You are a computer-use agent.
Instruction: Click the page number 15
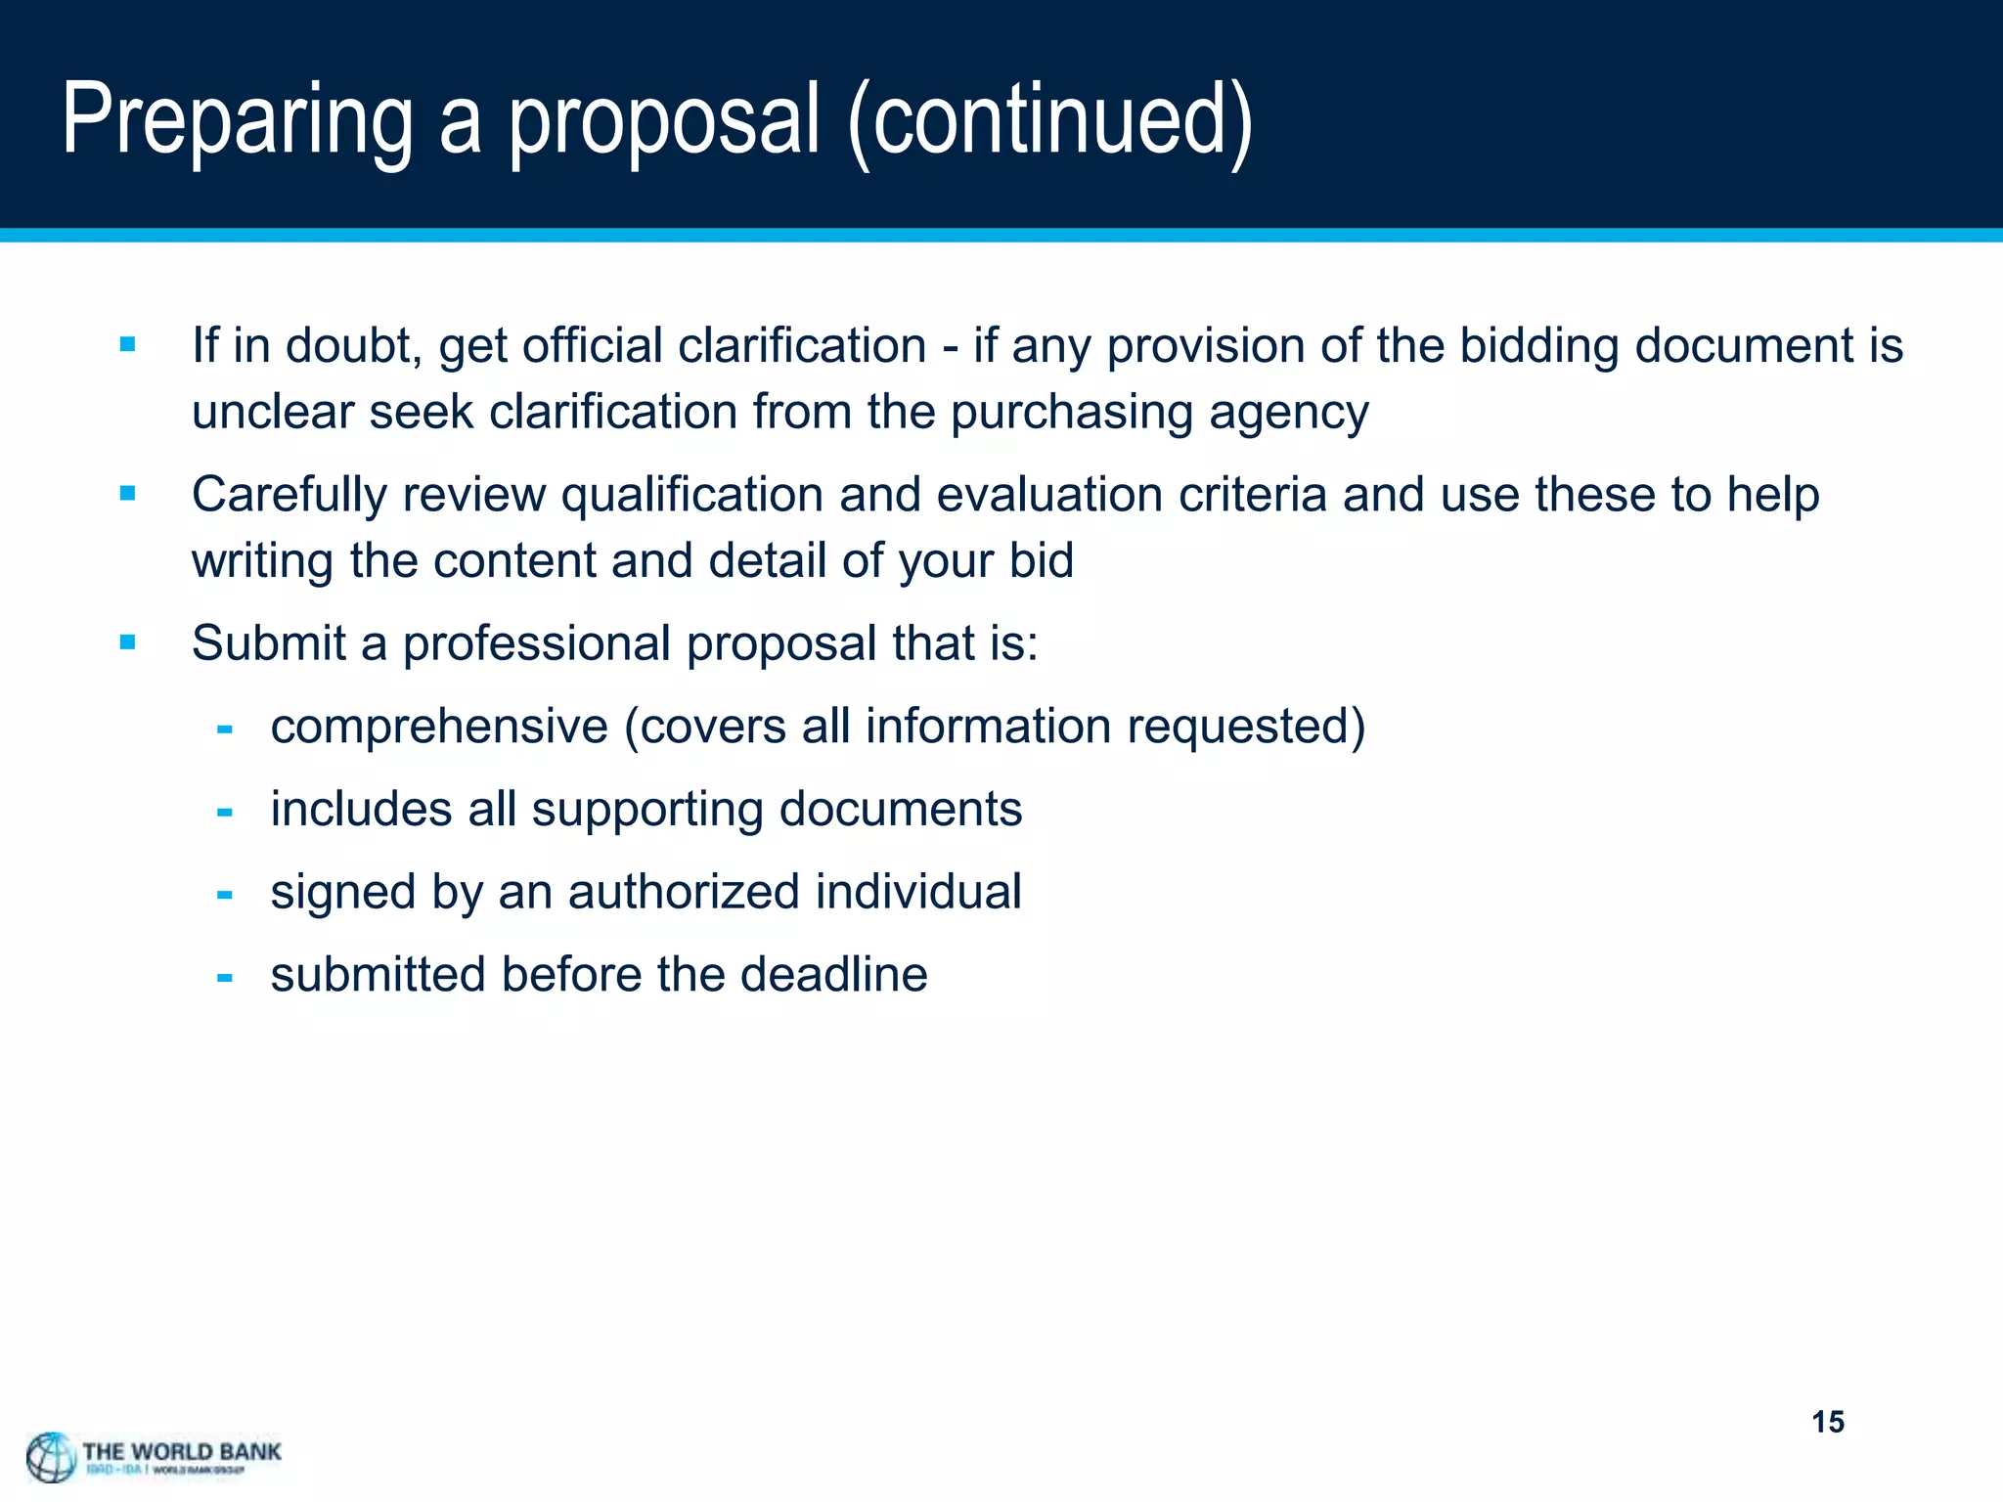pos(1827,1422)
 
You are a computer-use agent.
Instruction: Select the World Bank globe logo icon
pos(51,1457)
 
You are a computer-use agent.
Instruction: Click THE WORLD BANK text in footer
pos(182,1451)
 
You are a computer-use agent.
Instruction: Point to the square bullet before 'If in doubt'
pos(127,344)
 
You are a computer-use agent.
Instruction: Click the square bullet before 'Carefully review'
pos(127,494)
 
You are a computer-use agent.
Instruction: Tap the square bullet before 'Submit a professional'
pos(127,642)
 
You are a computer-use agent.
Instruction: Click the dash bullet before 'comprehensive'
pos(225,729)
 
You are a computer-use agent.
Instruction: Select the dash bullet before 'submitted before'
pos(225,977)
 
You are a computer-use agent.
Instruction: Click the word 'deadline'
pos(832,974)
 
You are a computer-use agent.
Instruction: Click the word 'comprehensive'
pos(439,728)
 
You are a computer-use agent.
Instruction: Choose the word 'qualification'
pos(691,495)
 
